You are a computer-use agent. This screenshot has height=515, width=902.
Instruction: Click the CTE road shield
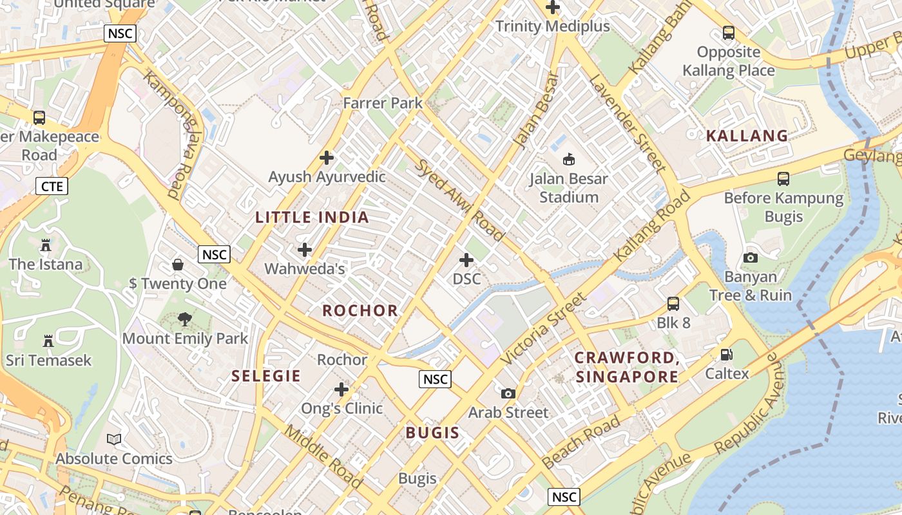(52, 187)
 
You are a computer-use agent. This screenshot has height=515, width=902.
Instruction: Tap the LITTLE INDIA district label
(312, 218)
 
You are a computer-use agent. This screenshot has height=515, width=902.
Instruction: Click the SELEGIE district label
(266, 376)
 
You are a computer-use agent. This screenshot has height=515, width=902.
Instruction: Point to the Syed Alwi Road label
(459, 200)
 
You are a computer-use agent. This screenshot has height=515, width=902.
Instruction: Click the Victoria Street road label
(544, 329)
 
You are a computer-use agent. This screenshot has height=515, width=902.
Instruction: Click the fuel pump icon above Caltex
(727, 355)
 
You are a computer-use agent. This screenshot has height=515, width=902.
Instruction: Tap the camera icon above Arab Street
(508, 393)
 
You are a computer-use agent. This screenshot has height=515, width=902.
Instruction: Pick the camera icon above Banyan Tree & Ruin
(751, 257)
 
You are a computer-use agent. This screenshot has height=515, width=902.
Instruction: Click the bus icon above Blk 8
(673, 303)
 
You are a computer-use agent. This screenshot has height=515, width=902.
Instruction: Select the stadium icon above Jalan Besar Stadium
(569, 159)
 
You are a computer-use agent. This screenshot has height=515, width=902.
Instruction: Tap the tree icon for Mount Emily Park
(185, 319)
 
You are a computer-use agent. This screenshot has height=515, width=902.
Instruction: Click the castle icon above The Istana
(46, 245)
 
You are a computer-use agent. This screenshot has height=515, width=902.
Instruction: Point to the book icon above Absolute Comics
(114, 440)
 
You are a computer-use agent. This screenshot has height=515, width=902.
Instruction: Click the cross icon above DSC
(466, 260)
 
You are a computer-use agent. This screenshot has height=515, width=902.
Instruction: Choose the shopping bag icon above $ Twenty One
(178, 265)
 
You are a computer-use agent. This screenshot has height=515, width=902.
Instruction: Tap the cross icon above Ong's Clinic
(341, 389)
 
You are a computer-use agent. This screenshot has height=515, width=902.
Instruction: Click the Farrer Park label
(383, 103)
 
